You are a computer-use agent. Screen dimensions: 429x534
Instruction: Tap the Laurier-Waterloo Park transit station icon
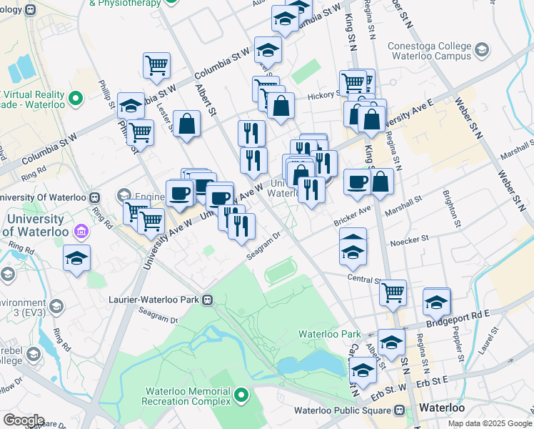pos(208,300)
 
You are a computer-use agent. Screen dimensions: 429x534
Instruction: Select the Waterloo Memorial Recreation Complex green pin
pos(241,395)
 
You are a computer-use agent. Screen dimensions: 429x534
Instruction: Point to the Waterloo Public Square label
pos(342,410)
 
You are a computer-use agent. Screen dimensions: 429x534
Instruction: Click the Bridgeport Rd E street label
pos(458,315)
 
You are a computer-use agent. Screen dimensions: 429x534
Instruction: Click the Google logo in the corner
pos(24,420)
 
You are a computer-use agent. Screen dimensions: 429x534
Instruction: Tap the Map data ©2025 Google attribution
pos(490,423)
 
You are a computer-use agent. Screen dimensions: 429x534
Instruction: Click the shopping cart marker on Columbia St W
pos(156,66)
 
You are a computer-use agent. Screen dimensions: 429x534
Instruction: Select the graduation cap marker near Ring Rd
pos(76,259)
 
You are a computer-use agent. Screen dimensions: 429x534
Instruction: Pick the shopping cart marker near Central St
pos(393,292)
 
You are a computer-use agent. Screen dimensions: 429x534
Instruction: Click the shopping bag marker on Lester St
pos(186,124)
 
